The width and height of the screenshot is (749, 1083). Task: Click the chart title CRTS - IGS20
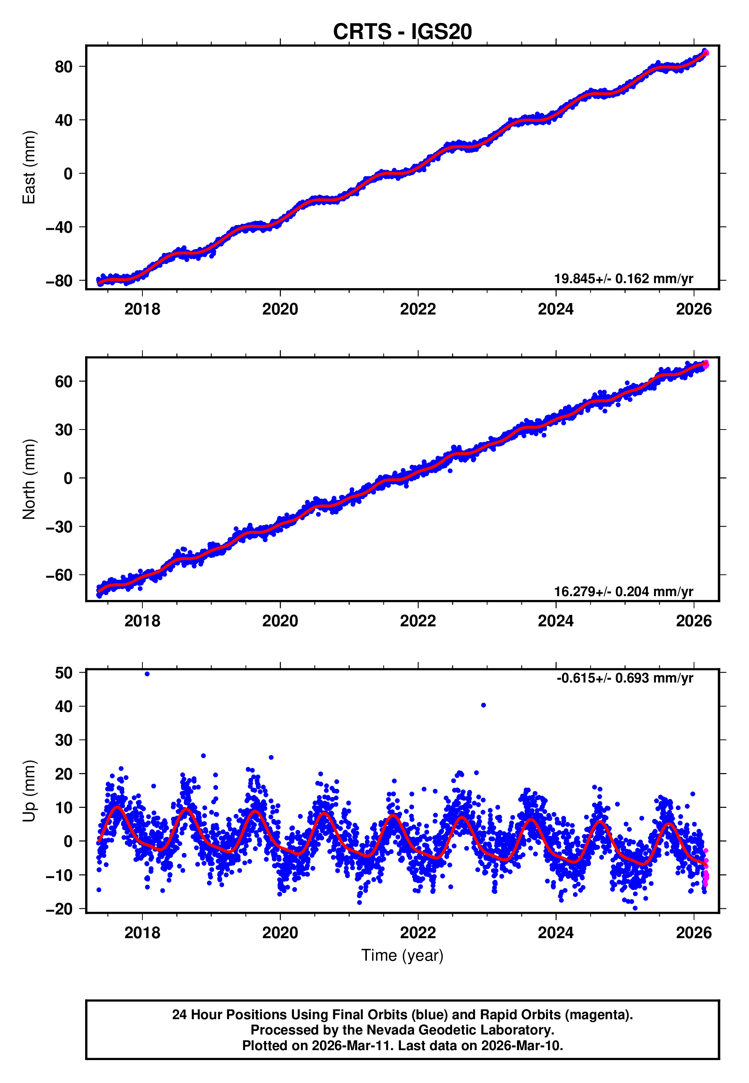click(x=402, y=32)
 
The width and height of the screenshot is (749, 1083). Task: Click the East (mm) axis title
click(x=29, y=167)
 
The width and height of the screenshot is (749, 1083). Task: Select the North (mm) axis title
click(x=29, y=479)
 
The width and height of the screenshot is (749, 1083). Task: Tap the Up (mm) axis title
click(x=29, y=791)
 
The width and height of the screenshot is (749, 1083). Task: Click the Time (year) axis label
click(x=402, y=955)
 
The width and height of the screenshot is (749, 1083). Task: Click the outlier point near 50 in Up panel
click(x=147, y=674)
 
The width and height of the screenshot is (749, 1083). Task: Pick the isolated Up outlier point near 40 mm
click(x=483, y=705)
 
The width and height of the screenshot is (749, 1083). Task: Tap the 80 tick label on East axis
click(x=63, y=67)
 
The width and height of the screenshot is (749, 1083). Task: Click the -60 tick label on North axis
click(x=59, y=575)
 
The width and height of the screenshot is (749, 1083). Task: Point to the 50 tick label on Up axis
click(x=63, y=673)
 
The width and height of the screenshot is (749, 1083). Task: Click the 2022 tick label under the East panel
click(x=418, y=309)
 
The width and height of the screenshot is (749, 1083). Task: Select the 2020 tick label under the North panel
click(x=280, y=621)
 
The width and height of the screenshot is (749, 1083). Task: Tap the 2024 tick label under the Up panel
click(x=556, y=933)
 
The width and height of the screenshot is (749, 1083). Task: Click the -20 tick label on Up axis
click(x=59, y=909)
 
